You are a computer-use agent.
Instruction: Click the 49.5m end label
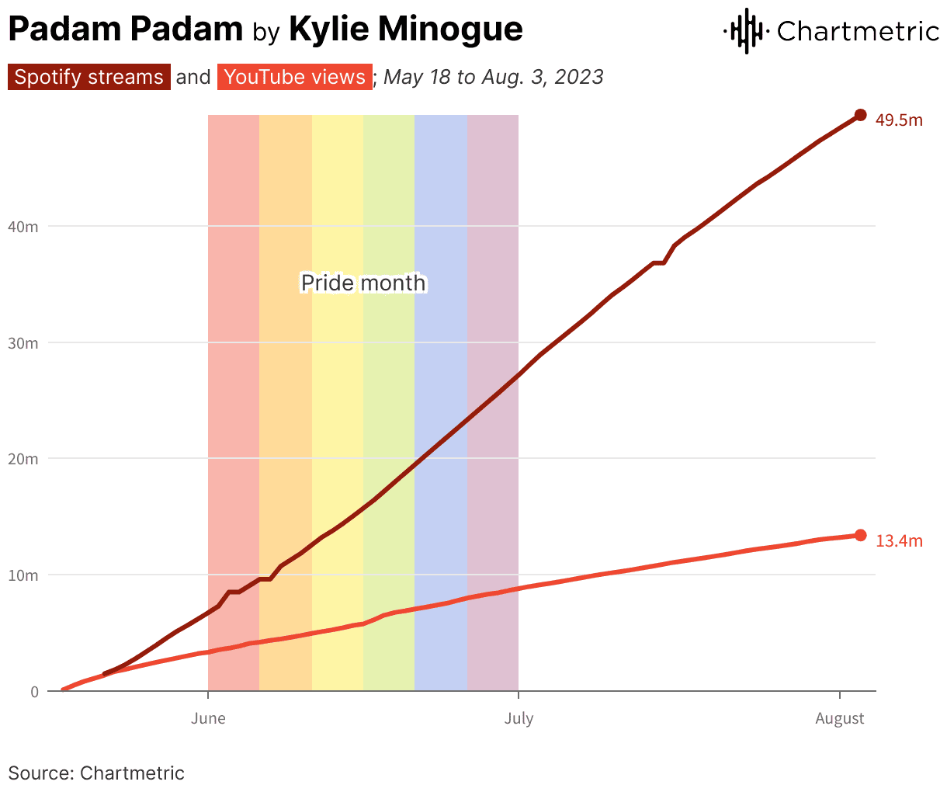coord(899,120)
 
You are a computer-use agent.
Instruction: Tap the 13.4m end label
coord(899,540)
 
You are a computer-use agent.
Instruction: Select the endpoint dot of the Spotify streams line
coord(860,115)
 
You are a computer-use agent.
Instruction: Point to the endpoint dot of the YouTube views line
coord(860,535)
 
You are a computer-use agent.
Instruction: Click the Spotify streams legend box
coord(89,78)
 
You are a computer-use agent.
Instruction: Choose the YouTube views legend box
coord(294,78)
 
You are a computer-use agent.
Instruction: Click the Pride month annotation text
coord(363,283)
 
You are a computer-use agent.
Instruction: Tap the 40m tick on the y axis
coord(23,227)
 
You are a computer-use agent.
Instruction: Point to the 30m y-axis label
coord(23,343)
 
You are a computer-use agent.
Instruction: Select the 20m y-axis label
coord(23,459)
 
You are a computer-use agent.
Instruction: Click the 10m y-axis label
coord(23,575)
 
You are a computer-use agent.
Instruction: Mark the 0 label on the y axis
coord(34,692)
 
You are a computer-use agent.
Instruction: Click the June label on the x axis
coord(208,718)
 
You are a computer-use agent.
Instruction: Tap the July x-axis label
coord(519,718)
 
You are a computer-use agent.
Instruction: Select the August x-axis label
coord(839,718)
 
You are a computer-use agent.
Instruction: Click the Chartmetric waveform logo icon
coord(746,31)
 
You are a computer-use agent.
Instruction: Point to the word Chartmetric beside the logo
coord(858,31)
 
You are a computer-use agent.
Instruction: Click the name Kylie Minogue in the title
coord(405,30)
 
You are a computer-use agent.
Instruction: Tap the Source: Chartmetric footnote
coord(96,773)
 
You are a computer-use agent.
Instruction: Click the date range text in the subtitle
coord(494,78)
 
